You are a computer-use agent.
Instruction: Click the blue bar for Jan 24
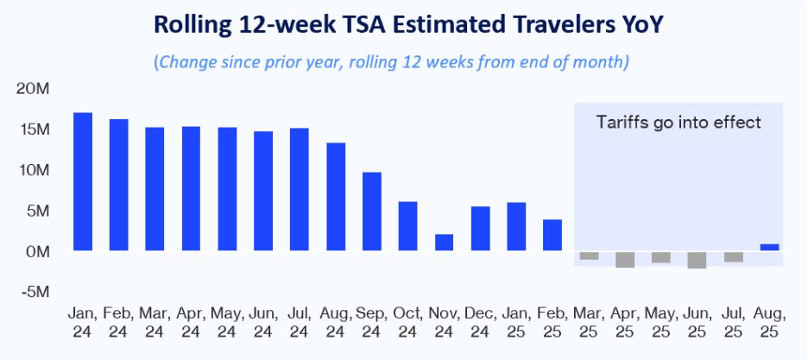83,182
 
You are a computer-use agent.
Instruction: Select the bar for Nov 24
444,243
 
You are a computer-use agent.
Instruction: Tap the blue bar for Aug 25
769,248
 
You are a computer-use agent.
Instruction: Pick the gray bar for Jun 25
697,260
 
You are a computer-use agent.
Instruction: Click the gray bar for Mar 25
589,256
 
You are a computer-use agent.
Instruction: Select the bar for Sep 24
371,212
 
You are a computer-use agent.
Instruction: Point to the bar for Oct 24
407,226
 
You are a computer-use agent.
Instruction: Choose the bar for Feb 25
552,235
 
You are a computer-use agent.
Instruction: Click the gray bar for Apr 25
625,259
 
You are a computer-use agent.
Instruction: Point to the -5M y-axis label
36,292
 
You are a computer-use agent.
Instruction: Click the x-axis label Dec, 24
480,321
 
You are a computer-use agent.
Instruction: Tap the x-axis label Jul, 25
733,321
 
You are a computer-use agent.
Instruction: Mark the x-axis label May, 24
227,321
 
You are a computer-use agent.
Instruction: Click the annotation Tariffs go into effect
679,123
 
